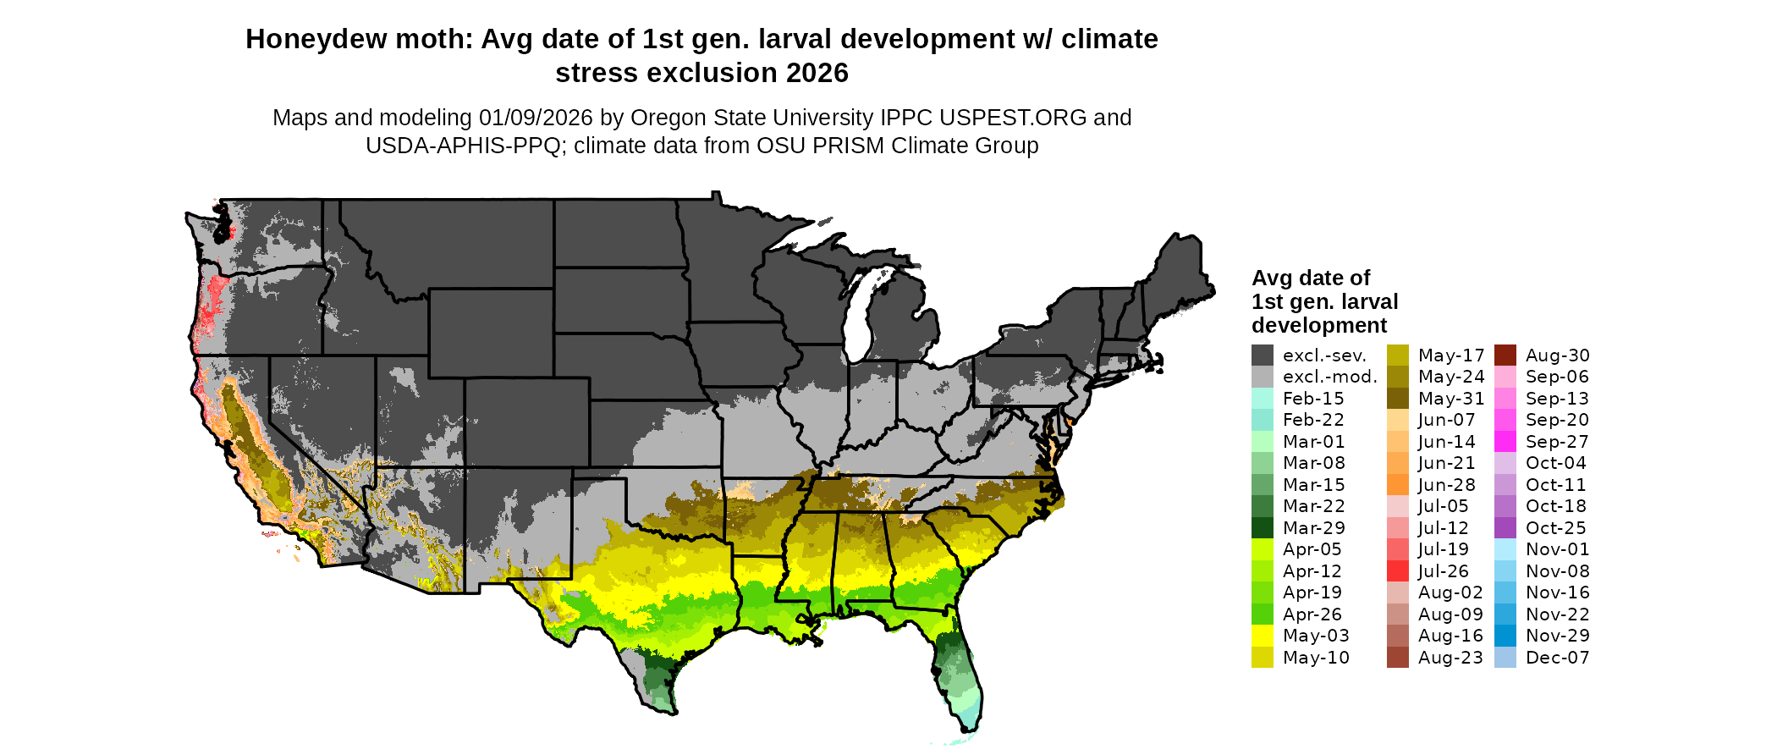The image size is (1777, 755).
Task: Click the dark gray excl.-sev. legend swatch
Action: [1262, 355]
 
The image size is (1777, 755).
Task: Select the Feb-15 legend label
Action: [1313, 399]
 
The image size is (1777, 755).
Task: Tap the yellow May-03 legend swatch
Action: [1262, 636]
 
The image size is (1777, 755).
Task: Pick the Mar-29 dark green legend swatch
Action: [1262, 528]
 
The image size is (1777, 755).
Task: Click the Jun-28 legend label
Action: [1446, 485]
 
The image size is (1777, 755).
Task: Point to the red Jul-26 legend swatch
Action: [1397, 571]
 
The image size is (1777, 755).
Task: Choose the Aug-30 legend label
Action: [1557, 355]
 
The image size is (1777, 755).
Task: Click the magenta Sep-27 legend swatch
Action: [1505, 442]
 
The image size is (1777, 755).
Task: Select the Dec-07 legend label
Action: [1557, 658]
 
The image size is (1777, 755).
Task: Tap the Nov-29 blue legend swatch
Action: [1505, 636]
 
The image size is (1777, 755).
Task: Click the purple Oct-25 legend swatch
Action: [1505, 528]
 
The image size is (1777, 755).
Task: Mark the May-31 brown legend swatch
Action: [1397, 399]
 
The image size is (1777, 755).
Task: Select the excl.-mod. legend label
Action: [1329, 377]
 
